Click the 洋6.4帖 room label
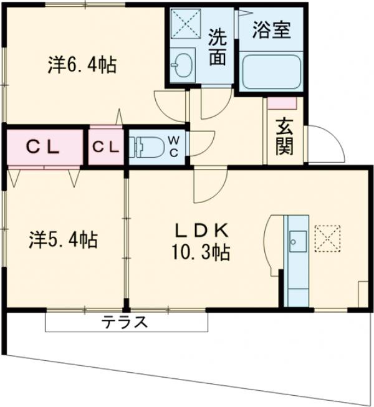point(82,65)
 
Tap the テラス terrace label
point(125,322)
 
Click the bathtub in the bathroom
point(271,73)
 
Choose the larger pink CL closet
point(43,147)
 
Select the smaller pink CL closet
point(106,147)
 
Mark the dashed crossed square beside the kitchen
point(325,237)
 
